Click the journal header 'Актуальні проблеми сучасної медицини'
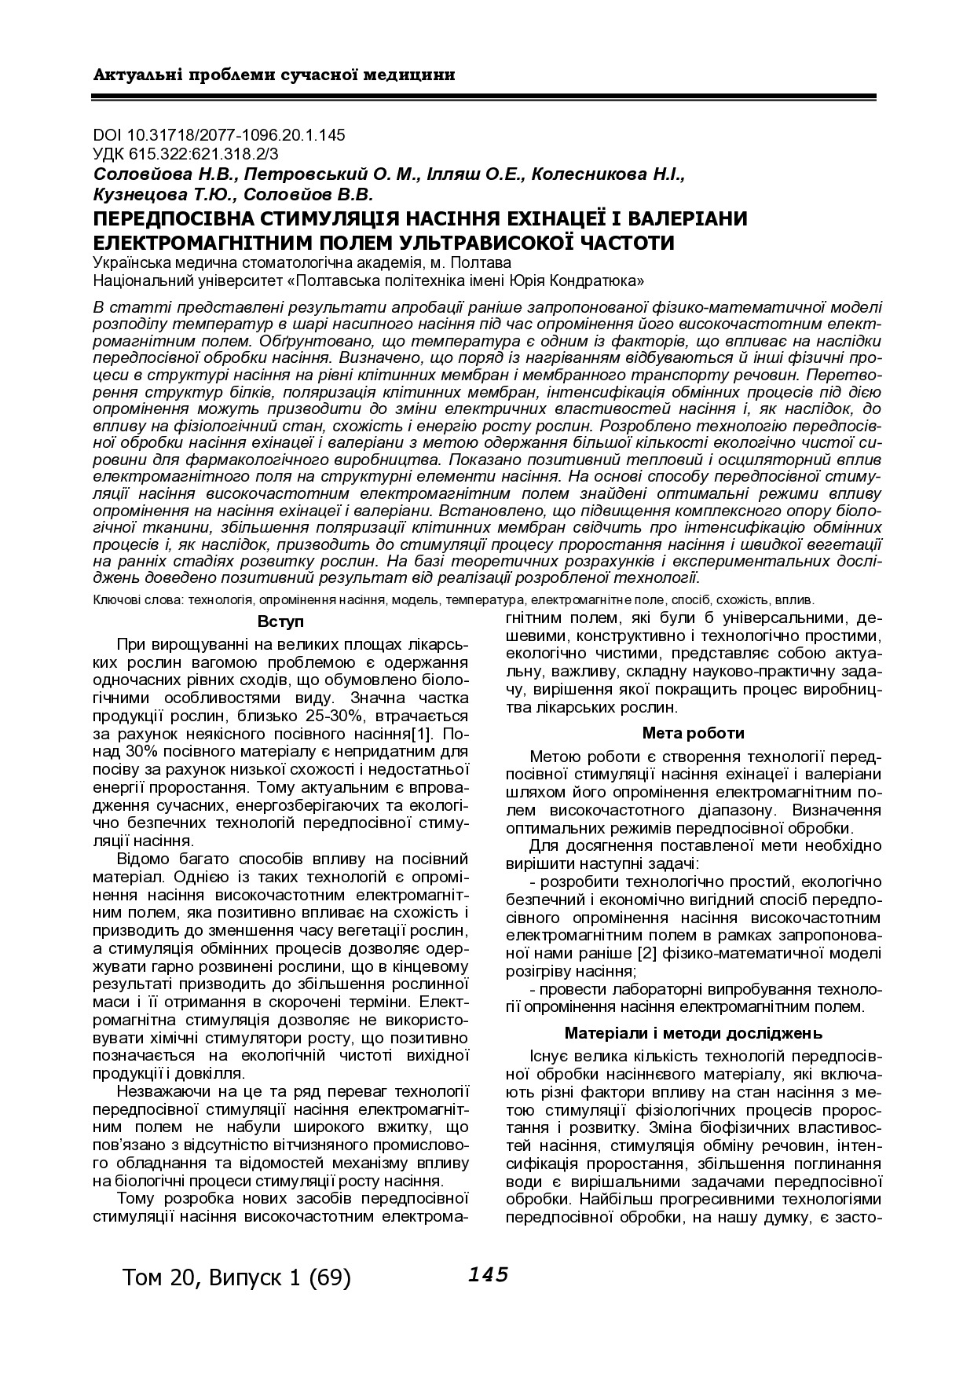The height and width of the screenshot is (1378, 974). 274,75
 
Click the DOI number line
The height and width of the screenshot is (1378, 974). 219,135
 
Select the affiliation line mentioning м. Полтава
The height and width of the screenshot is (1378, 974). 301,262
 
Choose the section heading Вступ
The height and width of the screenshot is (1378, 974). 280,622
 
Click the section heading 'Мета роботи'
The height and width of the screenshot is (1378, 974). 693,733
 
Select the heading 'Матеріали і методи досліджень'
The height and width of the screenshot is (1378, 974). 693,1032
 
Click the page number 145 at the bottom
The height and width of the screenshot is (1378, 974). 488,1275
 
